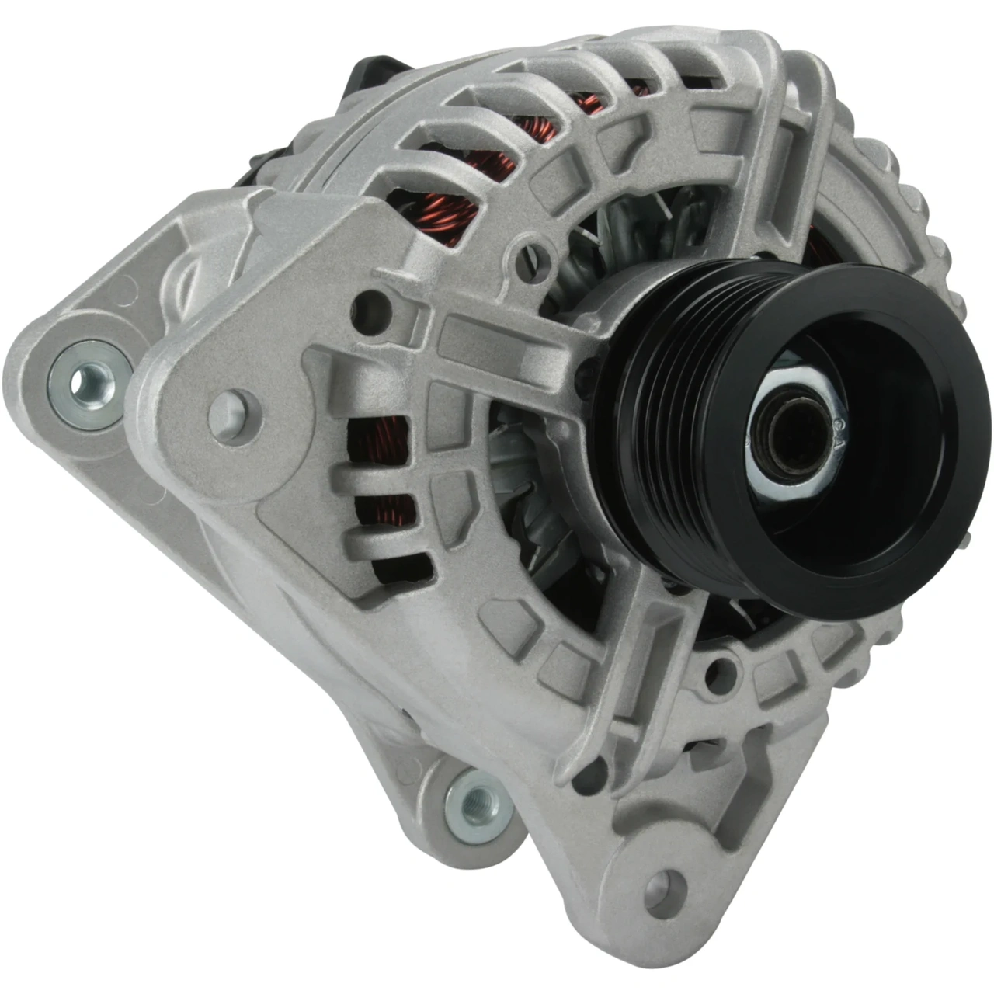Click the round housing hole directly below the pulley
[x=722, y=668]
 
